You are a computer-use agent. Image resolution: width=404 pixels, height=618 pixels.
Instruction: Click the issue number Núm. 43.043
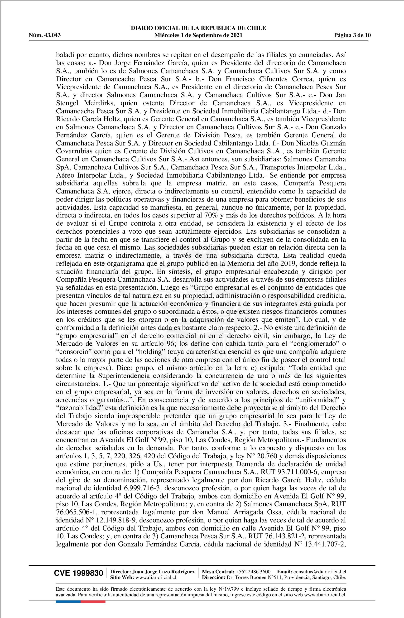point(44,35)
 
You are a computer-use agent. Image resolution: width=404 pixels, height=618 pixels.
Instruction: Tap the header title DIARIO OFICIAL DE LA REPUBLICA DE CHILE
point(198,28)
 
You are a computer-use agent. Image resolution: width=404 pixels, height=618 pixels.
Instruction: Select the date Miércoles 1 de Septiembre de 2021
point(198,35)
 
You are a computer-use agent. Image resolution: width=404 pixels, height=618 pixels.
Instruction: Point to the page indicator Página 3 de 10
point(352,35)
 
